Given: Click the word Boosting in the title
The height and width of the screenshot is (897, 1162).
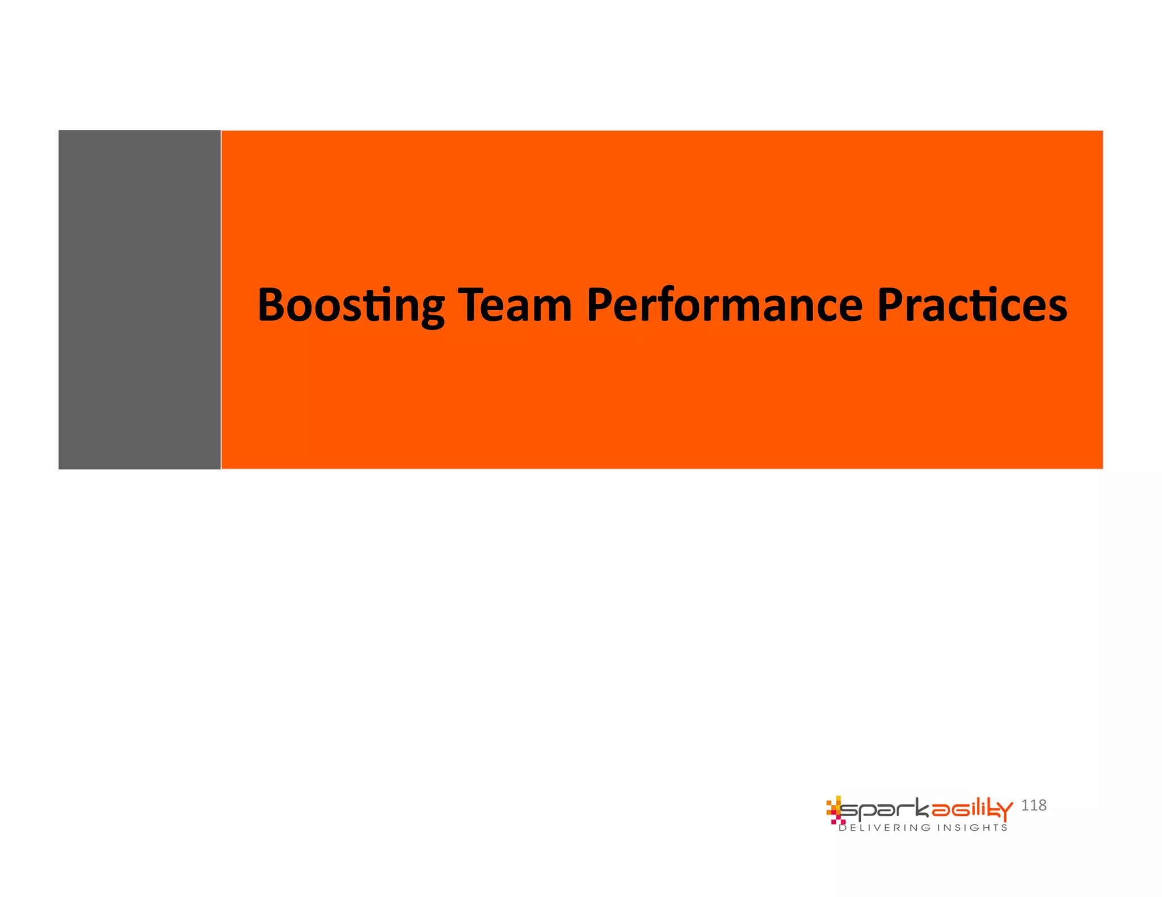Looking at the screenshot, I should (x=351, y=306).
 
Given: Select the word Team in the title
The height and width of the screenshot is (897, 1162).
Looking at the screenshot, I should (x=515, y=306).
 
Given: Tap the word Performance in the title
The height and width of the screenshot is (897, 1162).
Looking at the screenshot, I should (x=725, y=306).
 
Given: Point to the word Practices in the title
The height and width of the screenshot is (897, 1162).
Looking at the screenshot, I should (x=972, y=306).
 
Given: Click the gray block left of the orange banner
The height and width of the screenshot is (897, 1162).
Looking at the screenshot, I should (x=140, y=299).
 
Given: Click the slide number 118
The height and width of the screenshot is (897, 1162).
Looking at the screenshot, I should (x=1033, y=805).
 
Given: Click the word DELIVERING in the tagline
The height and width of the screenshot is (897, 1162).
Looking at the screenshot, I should (x=885, y=828).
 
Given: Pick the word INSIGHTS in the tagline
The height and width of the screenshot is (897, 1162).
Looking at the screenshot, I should (x=972, y=828).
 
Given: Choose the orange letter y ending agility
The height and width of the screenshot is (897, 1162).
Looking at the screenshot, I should (x=1004, y=812).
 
